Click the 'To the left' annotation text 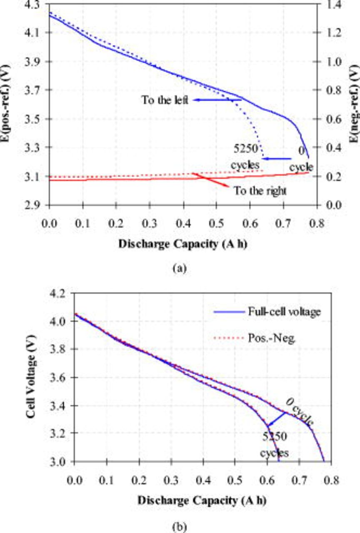165,100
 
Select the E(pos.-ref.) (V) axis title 7,104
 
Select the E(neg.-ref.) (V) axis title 354,104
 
